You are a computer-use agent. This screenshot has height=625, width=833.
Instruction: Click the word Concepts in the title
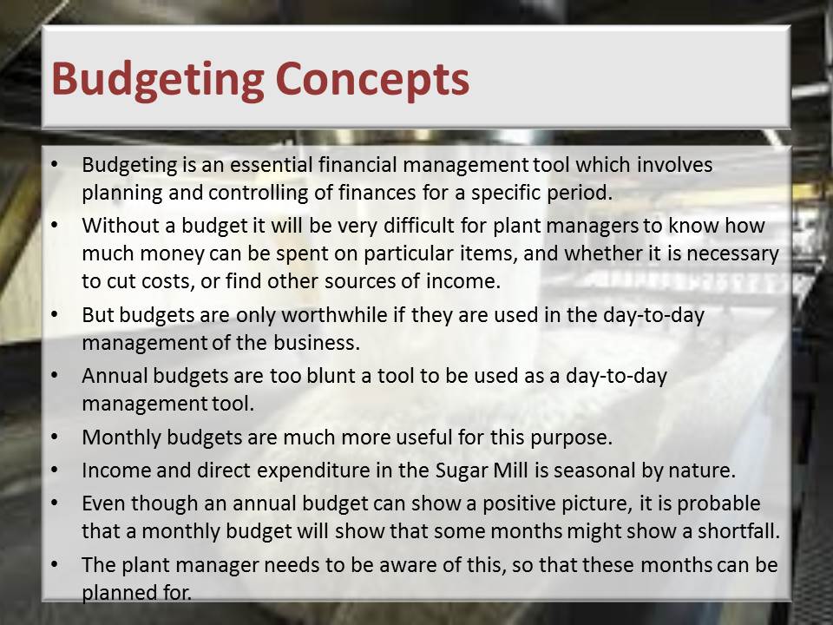tap(372, 80)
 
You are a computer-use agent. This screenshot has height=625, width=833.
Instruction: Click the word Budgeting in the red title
tap(158, 80)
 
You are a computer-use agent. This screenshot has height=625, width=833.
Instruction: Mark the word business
tap(317, 343)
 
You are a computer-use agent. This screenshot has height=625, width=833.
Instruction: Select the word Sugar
tap(458, 471)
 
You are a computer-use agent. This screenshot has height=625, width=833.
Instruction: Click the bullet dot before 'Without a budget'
tap(55, 226)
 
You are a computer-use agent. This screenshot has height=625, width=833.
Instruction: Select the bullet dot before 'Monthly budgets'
tap(55, 437)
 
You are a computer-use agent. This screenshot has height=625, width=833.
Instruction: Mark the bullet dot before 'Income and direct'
tap(55, 470)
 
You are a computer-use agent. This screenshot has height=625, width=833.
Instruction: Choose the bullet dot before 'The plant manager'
tap(55, 564)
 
